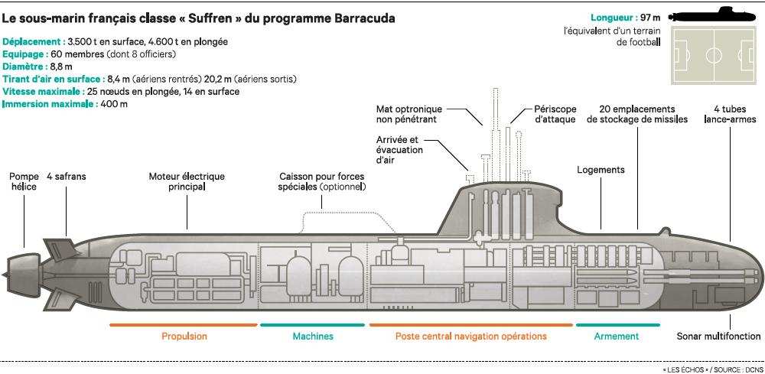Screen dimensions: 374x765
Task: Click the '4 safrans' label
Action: point(66,177)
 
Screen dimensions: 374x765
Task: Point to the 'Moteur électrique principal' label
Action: point(187,181)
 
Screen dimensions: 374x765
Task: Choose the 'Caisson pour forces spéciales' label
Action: point(322,181)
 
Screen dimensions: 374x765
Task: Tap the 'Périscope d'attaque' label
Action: point(555,114)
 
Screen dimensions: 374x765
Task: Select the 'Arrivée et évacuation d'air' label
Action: point(398,151)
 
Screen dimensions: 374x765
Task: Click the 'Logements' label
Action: point(601,170)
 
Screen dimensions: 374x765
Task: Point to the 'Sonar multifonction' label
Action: point(718,337)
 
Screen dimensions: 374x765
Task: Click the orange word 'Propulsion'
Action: point(184,337)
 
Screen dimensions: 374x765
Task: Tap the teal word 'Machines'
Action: point(313,337)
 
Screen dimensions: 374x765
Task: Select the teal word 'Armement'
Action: point(616,337)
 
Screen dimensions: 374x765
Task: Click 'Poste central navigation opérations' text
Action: point(470,337)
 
